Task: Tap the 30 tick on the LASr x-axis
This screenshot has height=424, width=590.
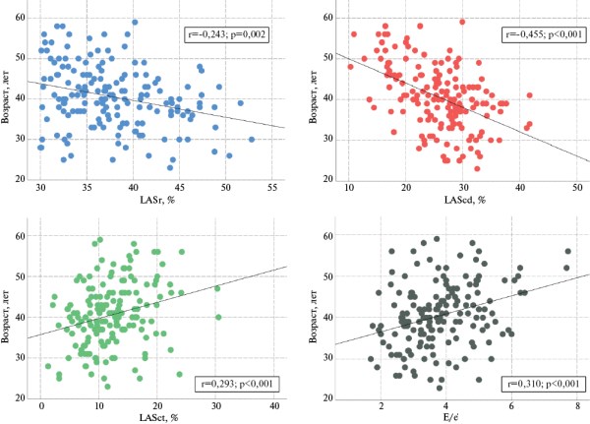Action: [x=40, y=187]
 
